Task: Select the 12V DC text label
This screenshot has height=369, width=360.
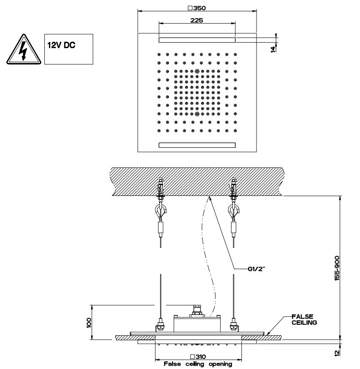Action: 61,45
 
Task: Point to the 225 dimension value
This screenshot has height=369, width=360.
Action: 197,19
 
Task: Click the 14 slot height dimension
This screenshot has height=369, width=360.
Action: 273,49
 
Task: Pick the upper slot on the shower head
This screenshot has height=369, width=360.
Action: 197,40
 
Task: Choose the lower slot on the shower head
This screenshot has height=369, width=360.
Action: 197,145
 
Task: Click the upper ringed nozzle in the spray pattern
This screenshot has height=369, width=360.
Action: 197,71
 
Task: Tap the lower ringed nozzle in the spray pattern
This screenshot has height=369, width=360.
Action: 197,114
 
